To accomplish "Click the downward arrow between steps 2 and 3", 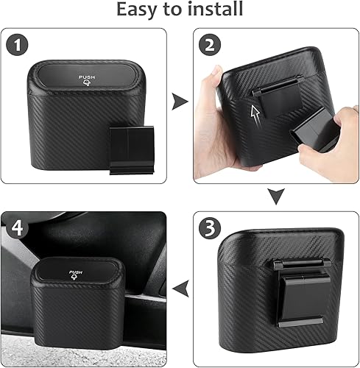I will [x=275, y=196].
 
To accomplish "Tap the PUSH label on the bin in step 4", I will [x=77, y=273].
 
